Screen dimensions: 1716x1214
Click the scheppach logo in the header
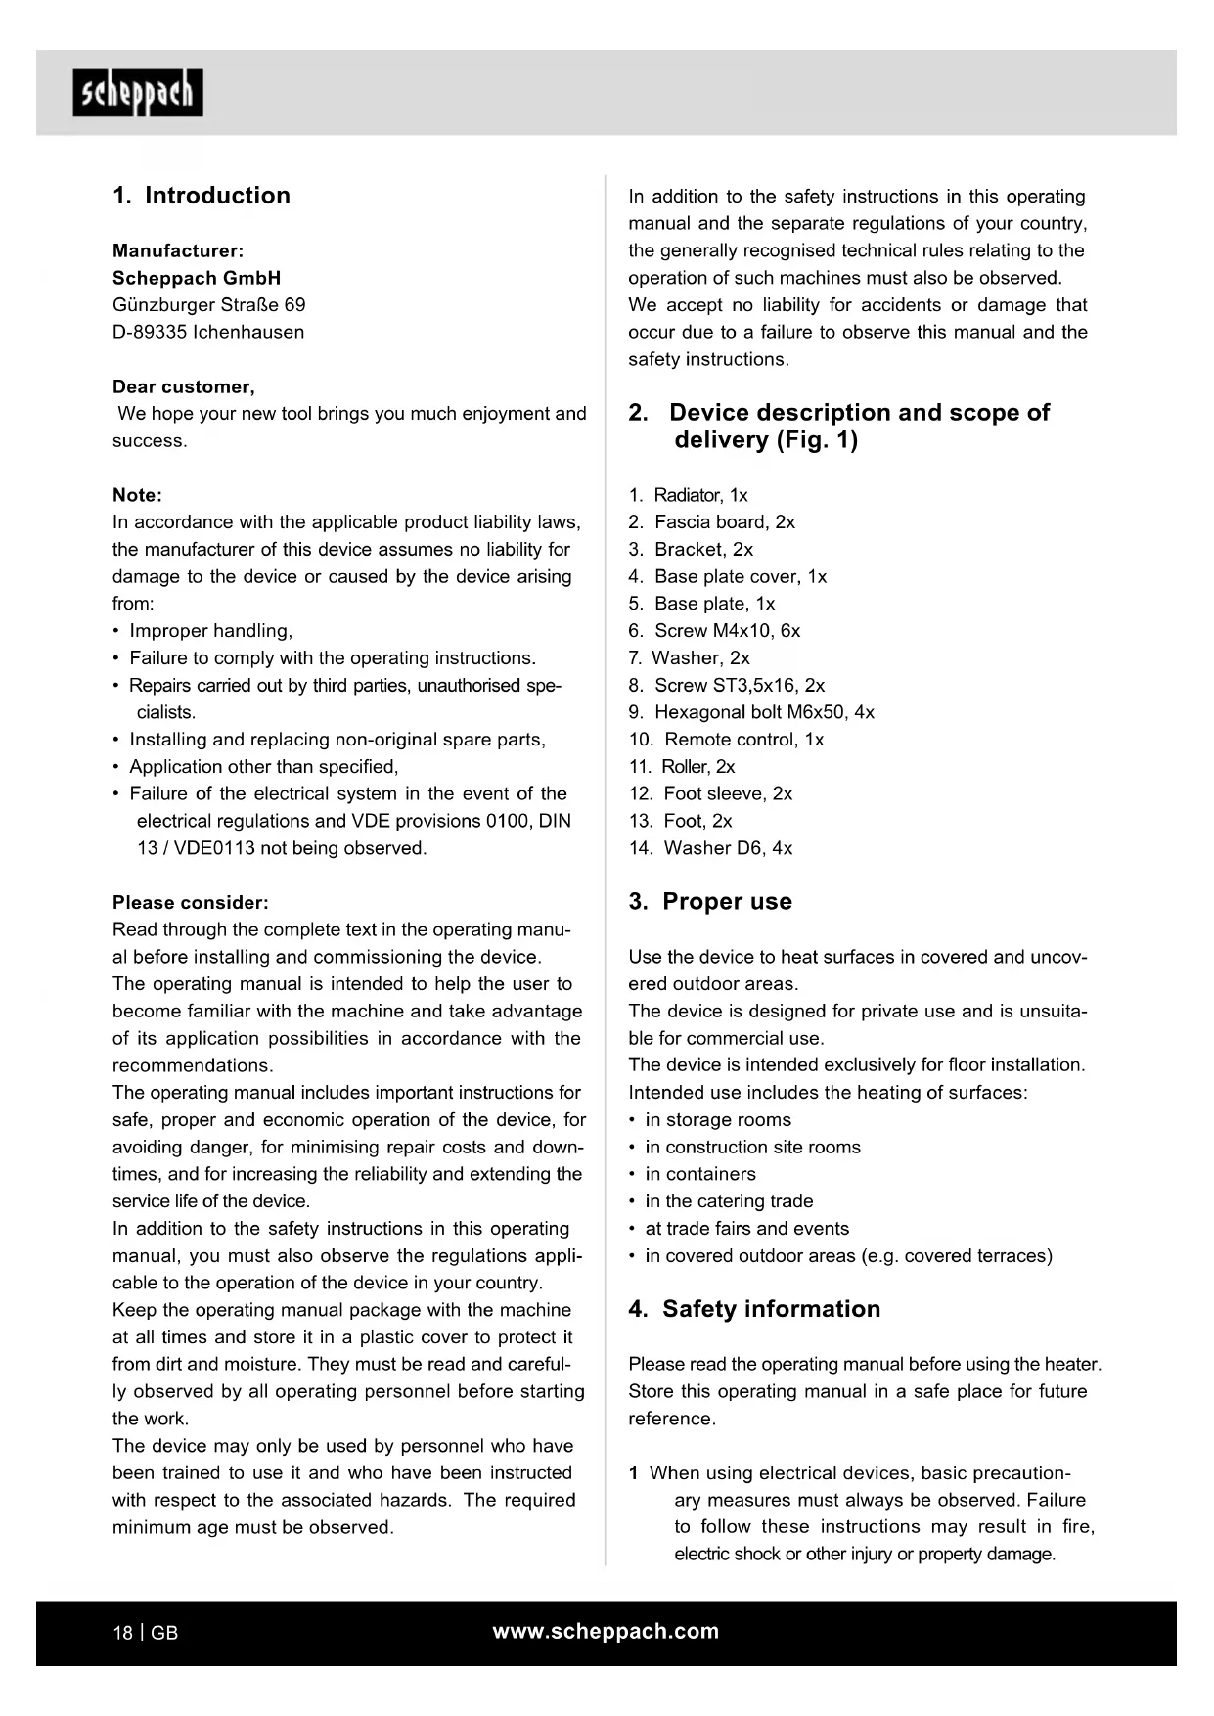(138, 93)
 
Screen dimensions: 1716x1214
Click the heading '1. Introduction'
(202, 196)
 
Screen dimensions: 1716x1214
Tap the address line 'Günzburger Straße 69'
(208, 305)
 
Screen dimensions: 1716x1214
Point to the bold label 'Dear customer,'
(184, 387)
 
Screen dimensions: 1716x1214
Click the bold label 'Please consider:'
(191, 903)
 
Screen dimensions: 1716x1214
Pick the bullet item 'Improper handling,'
(210, 631)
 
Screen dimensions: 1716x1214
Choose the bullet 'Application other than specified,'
(263, 767)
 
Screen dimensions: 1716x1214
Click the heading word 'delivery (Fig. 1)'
(765, 440)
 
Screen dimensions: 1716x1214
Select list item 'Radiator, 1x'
(699, 496)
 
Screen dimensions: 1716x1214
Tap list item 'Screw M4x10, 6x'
(726, 631)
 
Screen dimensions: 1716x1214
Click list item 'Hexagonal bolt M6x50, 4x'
(763, 712)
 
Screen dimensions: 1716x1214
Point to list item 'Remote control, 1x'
(742, 740)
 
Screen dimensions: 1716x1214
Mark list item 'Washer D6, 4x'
(727, 848)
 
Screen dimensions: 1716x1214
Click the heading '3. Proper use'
(710, 902)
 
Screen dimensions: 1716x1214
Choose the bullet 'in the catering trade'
(728, 1201)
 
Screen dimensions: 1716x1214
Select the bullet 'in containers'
(699, 1174)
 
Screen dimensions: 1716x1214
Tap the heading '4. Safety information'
(754, 1309)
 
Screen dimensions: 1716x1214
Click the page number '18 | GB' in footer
(146, 1633)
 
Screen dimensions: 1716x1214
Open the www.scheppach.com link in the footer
(606, 1631)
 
